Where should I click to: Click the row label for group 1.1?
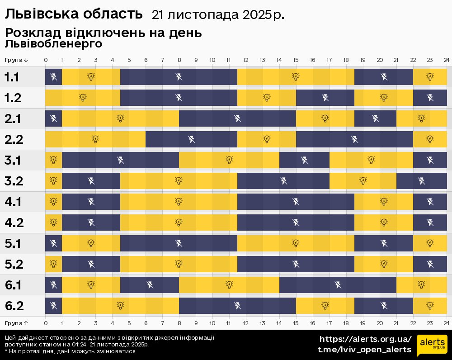click(12, 77)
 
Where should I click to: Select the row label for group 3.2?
click(13, 181)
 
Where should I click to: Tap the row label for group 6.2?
click(14, 306)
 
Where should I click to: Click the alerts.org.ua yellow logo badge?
click(432, 346)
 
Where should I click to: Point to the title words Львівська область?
click(74, 14)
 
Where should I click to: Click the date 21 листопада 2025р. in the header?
click(218, 15)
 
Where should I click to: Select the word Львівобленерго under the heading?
click(53, 44)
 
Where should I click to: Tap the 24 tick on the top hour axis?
click(446, 60)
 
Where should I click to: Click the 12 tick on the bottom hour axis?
click(245, 323)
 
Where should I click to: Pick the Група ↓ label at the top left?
click(17, 60)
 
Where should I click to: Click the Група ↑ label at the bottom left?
click(17, 323)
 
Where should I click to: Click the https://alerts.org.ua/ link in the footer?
click(366, 339)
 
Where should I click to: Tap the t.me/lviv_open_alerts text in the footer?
click(364, 350)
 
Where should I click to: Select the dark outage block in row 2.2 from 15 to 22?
click(354, 139)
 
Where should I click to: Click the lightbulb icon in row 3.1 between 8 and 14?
click(229, 160)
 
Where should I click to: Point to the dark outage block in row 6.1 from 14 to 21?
click(338, 284)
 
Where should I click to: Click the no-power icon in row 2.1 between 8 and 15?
click(238, 118)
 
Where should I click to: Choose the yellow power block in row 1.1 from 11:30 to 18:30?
click(296, 77)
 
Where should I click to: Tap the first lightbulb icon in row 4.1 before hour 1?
click(53, 201)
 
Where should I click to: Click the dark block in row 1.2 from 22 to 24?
click(430, 97)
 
